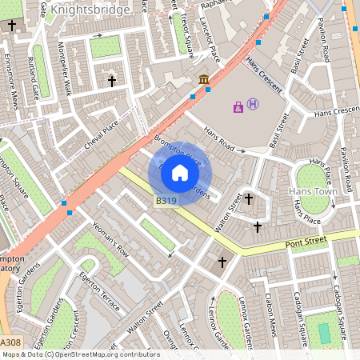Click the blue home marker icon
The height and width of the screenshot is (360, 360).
(180, 172)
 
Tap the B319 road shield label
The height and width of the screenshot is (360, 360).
(166, 201)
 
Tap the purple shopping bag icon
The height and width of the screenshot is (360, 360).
(238, 106)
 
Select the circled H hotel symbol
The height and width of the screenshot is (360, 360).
(253, 104)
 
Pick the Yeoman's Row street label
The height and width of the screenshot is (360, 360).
(110, 238)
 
